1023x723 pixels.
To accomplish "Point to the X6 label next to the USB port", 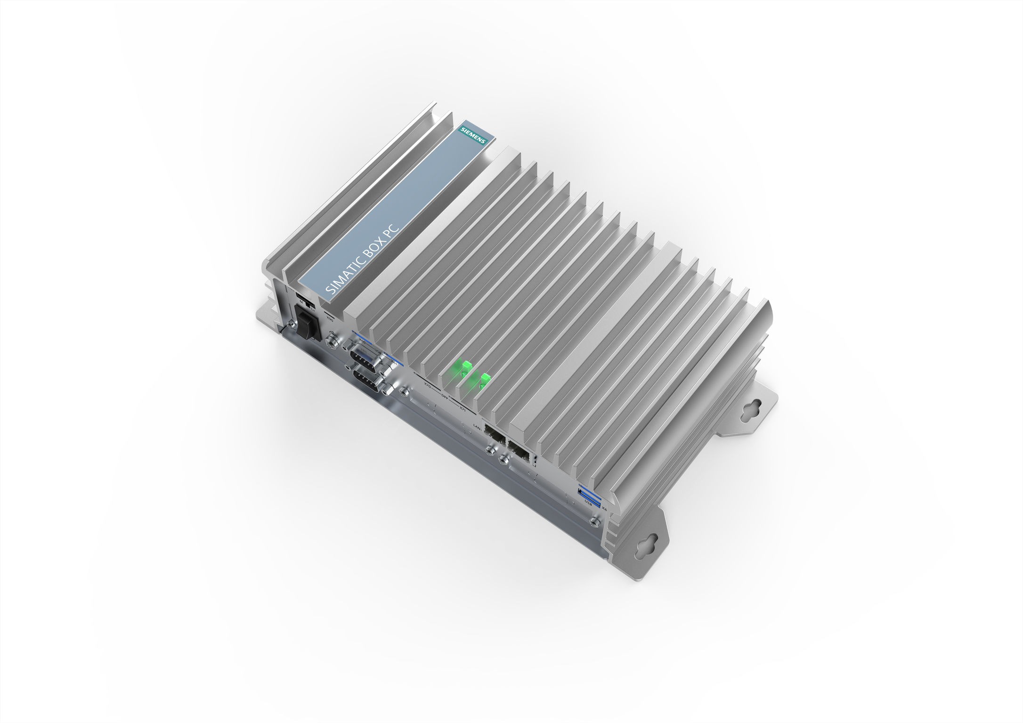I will click(x=603, y=508).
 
